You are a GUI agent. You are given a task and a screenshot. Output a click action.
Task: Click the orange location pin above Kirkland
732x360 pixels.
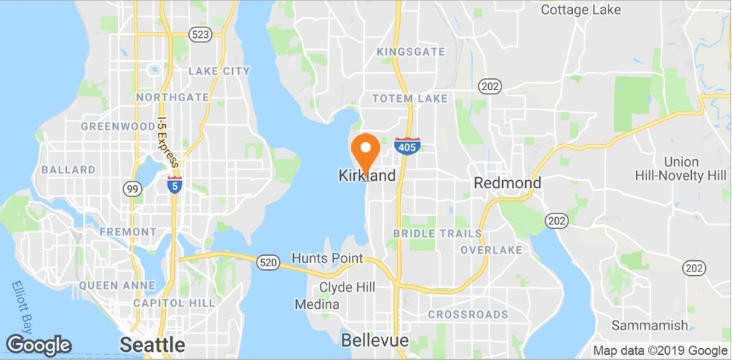pyautogui.click(x=365, y=150)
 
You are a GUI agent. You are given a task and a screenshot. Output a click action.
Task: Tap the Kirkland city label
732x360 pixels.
pyautogui.click(x=367, y=176)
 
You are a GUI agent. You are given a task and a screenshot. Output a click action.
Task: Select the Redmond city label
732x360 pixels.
pyautogui.click(x=507, y=182)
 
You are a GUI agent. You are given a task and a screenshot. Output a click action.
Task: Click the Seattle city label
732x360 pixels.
pyautogui.click(x=152, y=344)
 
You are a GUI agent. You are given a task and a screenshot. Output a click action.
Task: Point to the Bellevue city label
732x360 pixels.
pyautogui.click(x=375, y=340)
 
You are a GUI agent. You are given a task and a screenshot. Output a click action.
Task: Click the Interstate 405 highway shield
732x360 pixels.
pyautogui.click(x=407, y=146)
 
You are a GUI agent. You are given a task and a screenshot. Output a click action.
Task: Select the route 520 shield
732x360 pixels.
pyautogui.click(x=268, y=262)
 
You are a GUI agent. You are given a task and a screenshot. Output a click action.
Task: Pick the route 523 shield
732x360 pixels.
pyautogui.click(x=199, y=34)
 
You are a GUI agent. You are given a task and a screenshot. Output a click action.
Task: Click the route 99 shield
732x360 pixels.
pyautogui.click(x=133, y=189)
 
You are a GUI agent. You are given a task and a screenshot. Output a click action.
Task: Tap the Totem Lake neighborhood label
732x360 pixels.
pyautogui.click(x=410, y=98)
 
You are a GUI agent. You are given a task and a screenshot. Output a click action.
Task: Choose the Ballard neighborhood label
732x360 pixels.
pyautogui.click(x=68, y=170)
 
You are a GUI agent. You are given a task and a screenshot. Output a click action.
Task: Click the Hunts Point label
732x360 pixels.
pyautogui.click(x=327, y=258)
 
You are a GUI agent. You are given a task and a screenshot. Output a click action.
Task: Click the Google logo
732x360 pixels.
pyautogui.click(x=39, y=345)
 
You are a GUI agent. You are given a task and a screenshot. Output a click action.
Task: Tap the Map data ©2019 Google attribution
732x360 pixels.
pyautogui.click(x=660, y=350)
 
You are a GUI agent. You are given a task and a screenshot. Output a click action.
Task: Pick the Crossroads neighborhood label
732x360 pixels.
pyautogui.click(x=468, y=315)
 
